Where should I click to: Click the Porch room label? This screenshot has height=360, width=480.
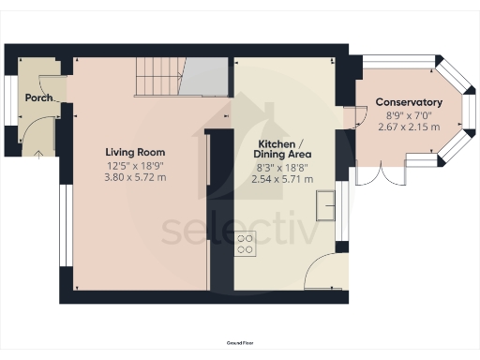(38, 97)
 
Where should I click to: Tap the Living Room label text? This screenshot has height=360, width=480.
(135, 152)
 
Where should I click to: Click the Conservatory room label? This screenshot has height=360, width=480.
(409, 101)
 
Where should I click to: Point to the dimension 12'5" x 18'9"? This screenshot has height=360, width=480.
(135, 165)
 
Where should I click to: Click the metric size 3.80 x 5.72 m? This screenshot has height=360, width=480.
(135, 176)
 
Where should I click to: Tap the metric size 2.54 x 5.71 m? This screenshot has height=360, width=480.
(284, 177)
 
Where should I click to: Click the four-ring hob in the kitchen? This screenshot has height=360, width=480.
(245, 244)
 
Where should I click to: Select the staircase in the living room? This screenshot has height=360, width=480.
(158, 76)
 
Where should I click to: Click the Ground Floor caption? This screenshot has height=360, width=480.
(240, 344)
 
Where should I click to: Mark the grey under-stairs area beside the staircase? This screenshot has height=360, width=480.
(205, 79)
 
